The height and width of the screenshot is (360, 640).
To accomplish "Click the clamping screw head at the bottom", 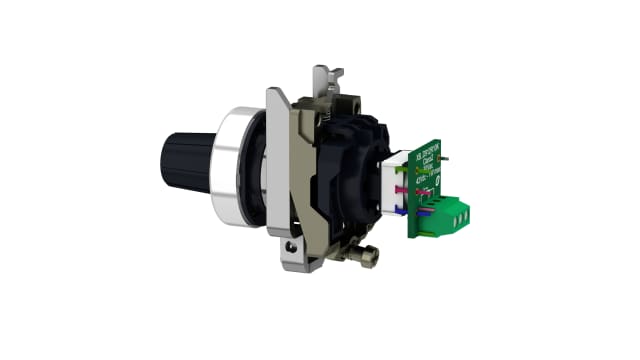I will pos(367,259).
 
